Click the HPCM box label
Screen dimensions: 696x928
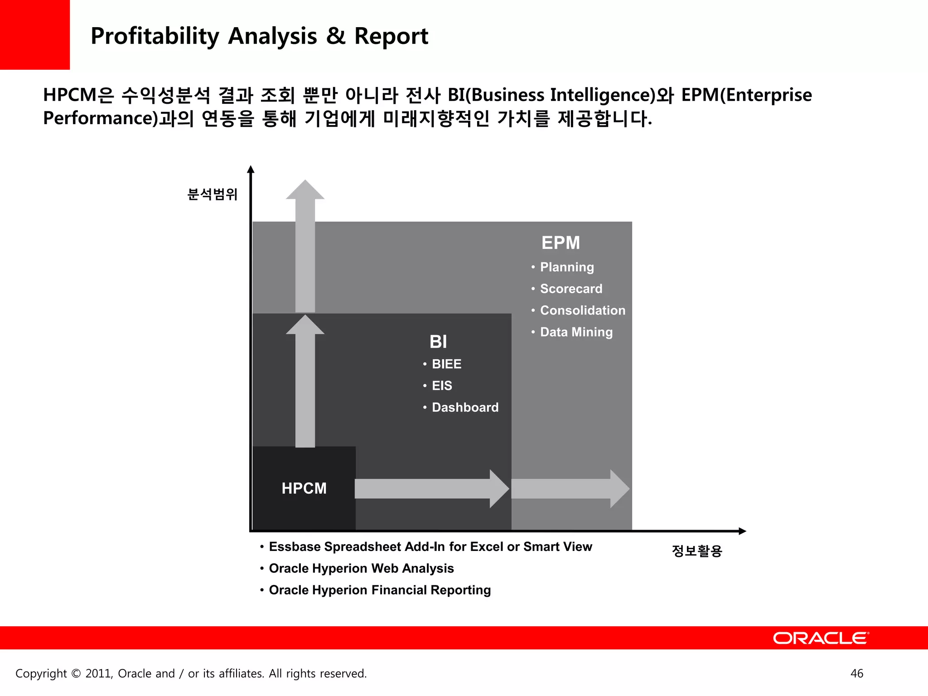click(304, 488)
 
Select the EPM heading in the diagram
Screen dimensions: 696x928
click(561, 243)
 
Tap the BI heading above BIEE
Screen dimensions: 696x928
click(438, 342)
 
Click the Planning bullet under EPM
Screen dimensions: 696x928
click(566, 267)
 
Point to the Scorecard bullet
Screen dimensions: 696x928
click(571, 289)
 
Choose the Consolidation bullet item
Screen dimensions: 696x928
click(582, 310)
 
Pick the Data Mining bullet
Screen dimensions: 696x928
click(576, 332)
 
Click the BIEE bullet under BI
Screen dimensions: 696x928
click(446, 364)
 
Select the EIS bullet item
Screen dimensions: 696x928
click(442, 386)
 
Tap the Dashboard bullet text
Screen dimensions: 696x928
click(465, 407)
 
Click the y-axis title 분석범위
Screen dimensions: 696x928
click(213, 194)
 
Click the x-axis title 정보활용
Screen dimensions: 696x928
click(697, 551)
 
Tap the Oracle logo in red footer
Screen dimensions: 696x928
click(821, 638)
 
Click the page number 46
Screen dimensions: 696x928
click(856, 673)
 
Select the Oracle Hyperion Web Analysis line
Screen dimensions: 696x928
click(361, 568)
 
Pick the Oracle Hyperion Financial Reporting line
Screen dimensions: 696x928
click(380, 590)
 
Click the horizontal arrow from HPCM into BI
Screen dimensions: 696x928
click(430, 489)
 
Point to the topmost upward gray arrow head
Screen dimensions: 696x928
click(305, 190)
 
